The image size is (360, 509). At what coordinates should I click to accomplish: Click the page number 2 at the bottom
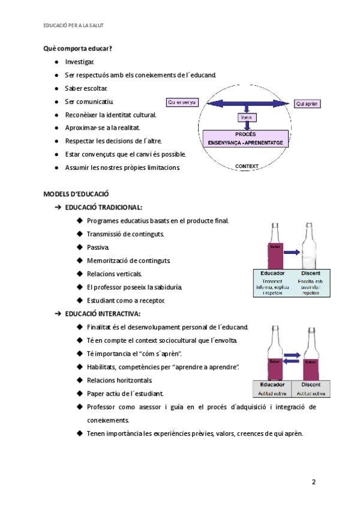(x=313, y=481)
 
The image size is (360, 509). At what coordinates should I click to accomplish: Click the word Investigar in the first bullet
(x=79, y=62)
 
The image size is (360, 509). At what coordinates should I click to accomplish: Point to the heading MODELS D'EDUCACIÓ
(x=76, y=194)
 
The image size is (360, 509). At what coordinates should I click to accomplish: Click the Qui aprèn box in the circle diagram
(x=308, y=104)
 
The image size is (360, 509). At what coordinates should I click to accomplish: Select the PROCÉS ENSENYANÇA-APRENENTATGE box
(x=246, y=139)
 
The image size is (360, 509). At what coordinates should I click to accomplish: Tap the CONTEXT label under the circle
(x=247, y=166)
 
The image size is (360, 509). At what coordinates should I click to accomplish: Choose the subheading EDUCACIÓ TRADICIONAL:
(x=103, y=207)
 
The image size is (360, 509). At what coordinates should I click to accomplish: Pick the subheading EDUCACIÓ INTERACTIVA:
(x=103, y=313)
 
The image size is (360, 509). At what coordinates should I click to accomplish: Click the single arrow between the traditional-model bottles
(x=293, y=253)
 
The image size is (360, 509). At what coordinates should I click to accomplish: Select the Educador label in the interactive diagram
(x=272, y=384)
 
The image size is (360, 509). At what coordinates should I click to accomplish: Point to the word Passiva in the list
(x=98, y=247)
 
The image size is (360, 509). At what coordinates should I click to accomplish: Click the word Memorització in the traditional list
(x=107, y=261)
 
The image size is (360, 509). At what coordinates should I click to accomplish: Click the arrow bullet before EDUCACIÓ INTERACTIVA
(x=58, y=313)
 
